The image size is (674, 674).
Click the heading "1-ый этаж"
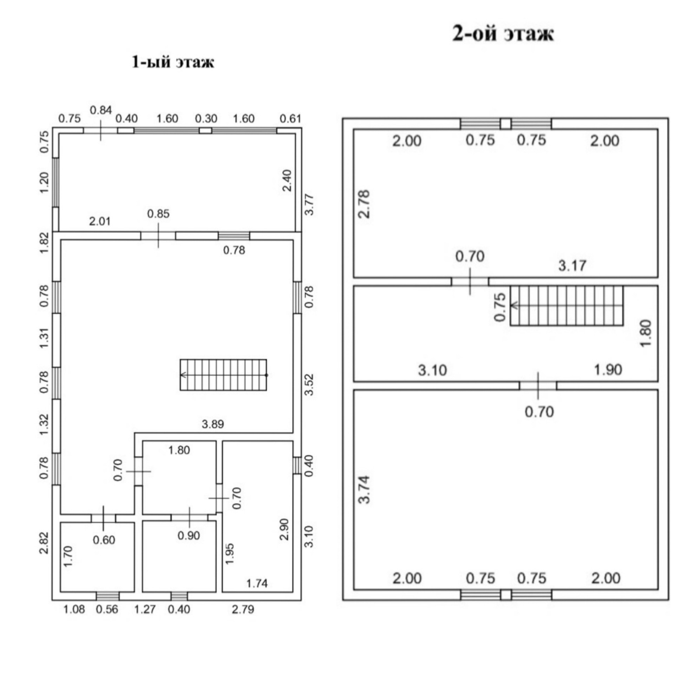(x=173, y=62)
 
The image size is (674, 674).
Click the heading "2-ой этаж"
(x=503, y=34)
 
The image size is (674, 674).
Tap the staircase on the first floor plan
(x=223, y=375)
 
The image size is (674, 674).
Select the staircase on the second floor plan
(x=567, y=305)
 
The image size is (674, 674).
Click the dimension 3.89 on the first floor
(x=213, y=424)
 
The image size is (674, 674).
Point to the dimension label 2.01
(x=100, y=222)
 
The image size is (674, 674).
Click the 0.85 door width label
(x=158, y=213)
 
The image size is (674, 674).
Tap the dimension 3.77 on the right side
(x=309, y=205)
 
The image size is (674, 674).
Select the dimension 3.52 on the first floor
(x=309, y=385)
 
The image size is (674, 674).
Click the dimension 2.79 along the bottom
(x=243, y=609)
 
